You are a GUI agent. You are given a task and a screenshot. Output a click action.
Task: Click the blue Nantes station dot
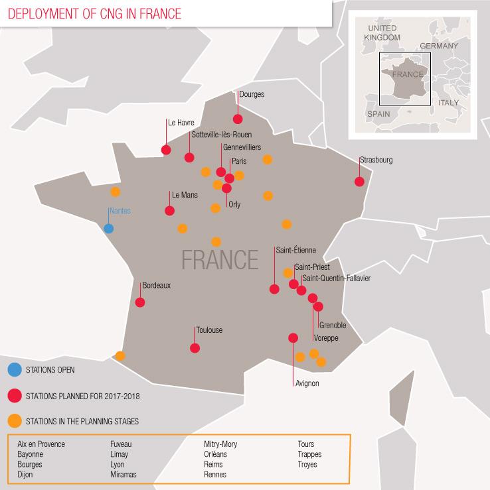pos(109,229)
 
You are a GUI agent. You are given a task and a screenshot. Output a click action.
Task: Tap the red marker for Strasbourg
pos(359,182)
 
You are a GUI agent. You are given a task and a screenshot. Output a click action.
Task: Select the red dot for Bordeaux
pos(140,302)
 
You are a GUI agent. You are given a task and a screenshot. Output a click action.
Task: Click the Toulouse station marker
pos(195,348)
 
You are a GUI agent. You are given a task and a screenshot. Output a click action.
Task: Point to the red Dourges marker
pos(238,119)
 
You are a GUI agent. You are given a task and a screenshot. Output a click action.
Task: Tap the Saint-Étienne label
pos(295,251)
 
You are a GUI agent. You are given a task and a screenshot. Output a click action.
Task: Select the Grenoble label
pos(332,326)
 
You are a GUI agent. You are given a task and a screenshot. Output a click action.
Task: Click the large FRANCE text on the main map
pos(220,257)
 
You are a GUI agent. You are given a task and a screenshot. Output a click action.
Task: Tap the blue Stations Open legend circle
pos(14,370)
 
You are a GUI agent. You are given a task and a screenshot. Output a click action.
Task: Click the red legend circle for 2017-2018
pos(14,396)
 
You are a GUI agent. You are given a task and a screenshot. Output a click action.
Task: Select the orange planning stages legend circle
pos(14,421)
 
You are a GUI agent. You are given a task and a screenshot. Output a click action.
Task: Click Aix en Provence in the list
pos(41,444)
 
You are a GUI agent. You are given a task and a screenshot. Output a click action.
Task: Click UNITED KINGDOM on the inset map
pos(382,33)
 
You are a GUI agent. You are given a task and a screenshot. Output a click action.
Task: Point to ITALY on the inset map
pos(448,103)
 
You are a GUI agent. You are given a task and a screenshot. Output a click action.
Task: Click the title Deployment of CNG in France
pos(92,13)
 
